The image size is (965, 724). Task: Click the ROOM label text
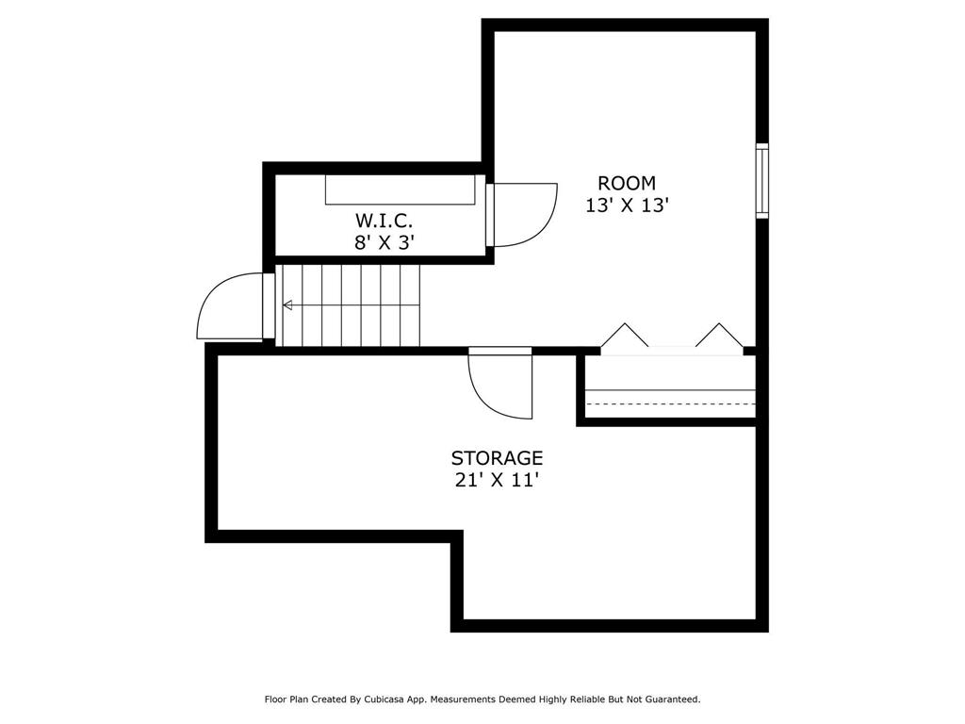point(627,183)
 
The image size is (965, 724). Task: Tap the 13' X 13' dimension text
point(627,205)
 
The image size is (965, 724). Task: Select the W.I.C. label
point(384,220)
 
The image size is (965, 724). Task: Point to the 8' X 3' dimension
point(383,242)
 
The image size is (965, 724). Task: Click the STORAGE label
point(498,458)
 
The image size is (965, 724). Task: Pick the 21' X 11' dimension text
point(498,480)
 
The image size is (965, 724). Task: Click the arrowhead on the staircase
point(287,304)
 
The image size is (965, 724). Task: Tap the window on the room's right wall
point(761,181)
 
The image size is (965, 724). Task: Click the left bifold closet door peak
point(625,324)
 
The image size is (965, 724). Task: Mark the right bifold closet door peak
point(719,324)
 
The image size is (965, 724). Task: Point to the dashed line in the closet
point(670,403)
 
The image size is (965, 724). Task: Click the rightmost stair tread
point(411,306)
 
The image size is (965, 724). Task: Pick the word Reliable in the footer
point(585,699)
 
